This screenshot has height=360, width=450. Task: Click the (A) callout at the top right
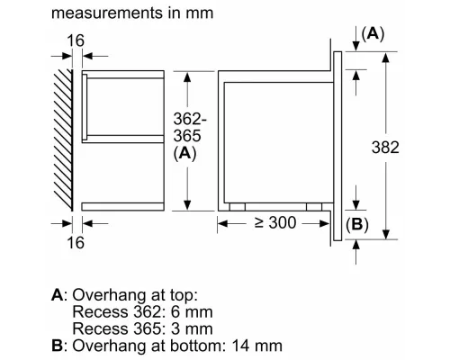tap(372, 33)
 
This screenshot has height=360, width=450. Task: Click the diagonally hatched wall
tap(62, 139)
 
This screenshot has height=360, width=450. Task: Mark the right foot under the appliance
tap(314, 205)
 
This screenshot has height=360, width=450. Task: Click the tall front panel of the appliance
tap(339, 144)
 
